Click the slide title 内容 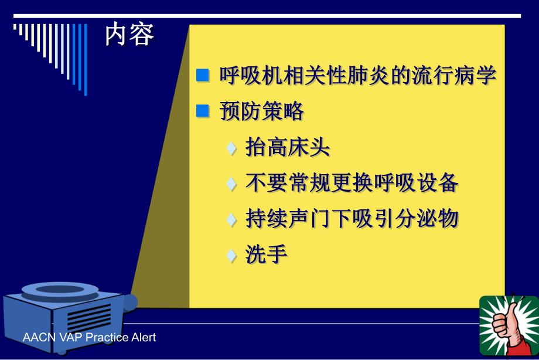[129, 36]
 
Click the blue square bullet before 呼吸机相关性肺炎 [202, 75]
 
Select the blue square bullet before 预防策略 [202, 111]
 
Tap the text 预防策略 [261, 111]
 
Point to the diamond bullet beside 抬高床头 [233, 148]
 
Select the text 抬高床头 [288, 148]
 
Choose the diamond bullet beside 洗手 [233, 256]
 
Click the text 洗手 [267, 256]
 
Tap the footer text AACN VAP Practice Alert [89, 338]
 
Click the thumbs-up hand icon [508, 325]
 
